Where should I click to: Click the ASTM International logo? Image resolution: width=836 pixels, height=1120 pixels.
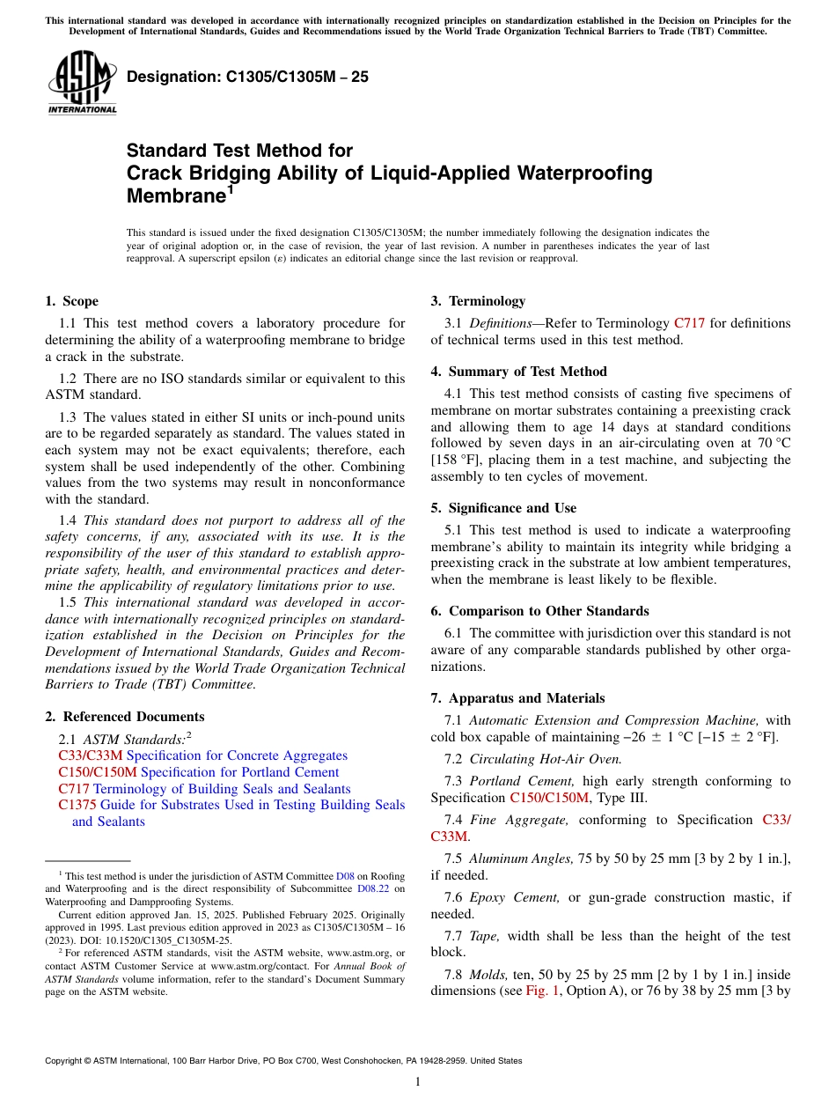click(82, 83)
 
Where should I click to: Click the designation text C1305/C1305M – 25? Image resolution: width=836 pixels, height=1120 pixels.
click(247, 77)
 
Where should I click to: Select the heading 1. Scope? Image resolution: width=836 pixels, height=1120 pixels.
click(72, 301)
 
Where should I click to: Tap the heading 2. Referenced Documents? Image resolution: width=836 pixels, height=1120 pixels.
click(125, 717)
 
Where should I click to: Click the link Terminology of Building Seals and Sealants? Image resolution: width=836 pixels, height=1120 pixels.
click(222, 789)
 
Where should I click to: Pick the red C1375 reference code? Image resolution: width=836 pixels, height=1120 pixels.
click(77, 805)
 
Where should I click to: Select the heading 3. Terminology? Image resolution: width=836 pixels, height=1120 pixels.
click(478, 301)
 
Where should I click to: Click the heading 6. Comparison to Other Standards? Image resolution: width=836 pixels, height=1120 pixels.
click(539, 611)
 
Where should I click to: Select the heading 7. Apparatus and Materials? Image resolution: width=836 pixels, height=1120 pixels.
click(517, 698)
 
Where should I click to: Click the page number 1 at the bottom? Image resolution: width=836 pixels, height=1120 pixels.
click(418, 1082)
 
